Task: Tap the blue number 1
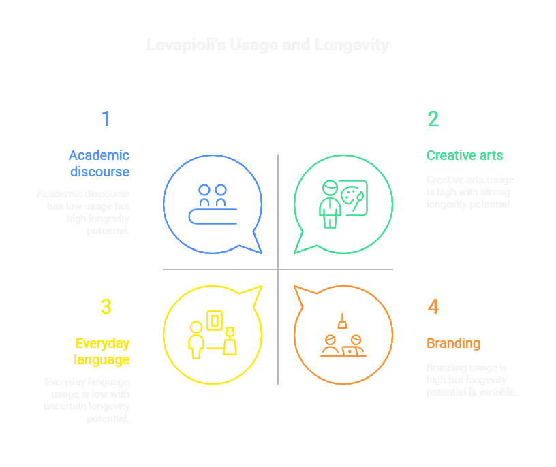tap(106, 119)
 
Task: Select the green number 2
tap(433, 119)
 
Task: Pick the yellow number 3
tap(106, 307)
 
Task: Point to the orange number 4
tap(433, 307)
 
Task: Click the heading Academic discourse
tap(99, 163)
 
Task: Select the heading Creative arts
tap(465, 155)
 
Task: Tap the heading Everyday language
tap(102, 351)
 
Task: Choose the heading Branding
tap(453, 343)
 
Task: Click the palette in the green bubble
tap(354, 197)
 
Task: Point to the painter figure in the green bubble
tap(330, 203)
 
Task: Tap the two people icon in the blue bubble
tap(213, 195)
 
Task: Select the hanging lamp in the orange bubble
tap(342, 321)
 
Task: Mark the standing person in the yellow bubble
tap(196, 340)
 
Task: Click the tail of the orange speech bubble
tap(300, 293)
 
